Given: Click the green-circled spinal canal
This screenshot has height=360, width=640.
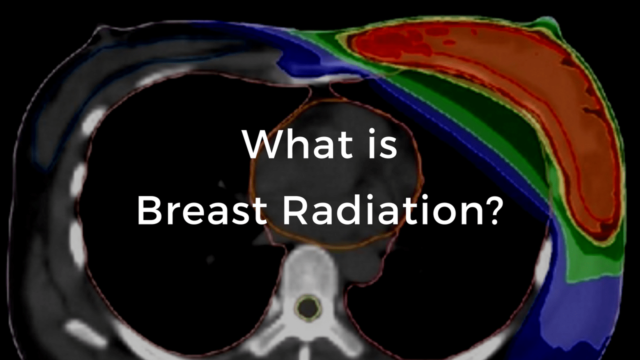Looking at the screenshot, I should (306, 307).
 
